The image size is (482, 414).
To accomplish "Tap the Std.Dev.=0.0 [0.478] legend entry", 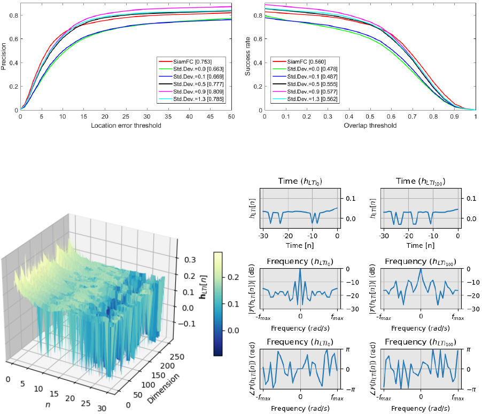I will (x=305, y=69).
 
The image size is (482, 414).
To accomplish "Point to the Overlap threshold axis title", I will (x=370, y=126).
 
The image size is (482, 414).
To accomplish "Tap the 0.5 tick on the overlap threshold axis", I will (x=370, y=116).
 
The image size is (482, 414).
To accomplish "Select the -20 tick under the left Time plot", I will (x=287, y=236).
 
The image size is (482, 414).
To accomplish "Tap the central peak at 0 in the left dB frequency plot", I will (x=300, y=269).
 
